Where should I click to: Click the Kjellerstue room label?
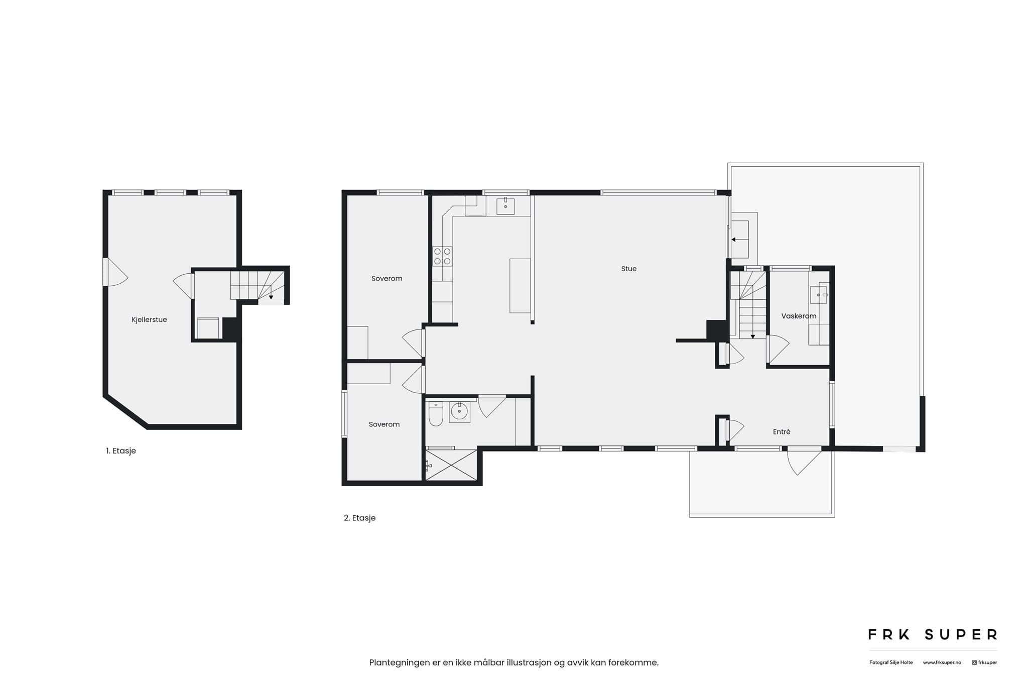coord(149,320)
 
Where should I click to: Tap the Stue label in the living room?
coord(628,269)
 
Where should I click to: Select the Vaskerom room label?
coord(799,316)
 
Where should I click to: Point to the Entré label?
coord(782,431)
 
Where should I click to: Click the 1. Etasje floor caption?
coord(121,451)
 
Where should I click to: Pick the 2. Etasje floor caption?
coord(359,518)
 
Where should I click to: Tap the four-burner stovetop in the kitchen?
coord(442,256)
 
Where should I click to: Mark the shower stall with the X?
coord(451,465)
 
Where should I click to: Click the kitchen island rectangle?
coord(520,286)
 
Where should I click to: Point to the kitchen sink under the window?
coord(505,206)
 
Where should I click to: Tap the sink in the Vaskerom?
coord(819,295)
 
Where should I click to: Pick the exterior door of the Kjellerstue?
coord(116,272)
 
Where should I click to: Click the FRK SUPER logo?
coord(933,635)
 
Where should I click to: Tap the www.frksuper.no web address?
coord(942,663)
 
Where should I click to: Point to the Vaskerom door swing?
coord(779,349)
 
